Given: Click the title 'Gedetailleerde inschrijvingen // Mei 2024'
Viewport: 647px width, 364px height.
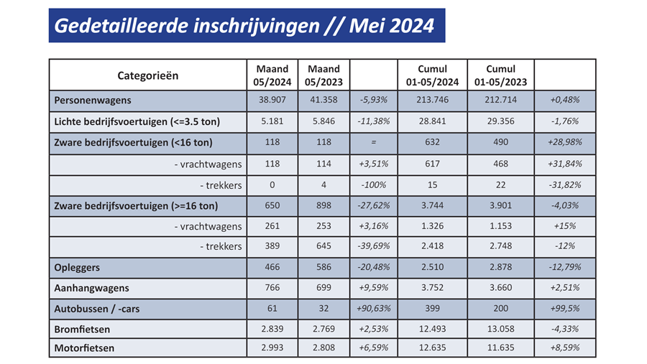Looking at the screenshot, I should pos(245,26).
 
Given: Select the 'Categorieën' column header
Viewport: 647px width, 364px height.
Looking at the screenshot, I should pos(147,75).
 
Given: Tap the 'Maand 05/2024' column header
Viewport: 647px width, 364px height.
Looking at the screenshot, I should pos(272,75).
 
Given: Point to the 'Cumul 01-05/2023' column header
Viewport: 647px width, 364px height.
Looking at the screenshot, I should pos(501,75).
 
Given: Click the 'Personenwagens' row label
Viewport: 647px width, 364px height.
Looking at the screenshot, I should pos(93,101).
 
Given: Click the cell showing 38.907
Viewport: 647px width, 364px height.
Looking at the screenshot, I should pos(272,101).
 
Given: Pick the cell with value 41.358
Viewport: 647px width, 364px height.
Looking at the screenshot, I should pos(322,101).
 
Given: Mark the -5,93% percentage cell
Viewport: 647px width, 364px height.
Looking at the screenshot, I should pos(374,101).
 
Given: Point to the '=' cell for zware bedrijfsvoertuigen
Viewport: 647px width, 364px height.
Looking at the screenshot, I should pos(374,142).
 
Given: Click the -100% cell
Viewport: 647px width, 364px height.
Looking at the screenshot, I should pos(374,184).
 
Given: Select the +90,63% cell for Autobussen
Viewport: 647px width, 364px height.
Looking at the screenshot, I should pos(374,309).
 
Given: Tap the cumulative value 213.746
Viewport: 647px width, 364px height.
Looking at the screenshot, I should pos(432,101).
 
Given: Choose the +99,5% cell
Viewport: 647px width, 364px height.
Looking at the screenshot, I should pos(566,309).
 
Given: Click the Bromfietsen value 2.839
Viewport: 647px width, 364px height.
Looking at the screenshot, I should pos(272,330).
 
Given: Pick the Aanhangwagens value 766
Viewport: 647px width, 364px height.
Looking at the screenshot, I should pos(272,288).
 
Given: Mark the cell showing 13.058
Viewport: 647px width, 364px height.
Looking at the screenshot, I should pos(501,330).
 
